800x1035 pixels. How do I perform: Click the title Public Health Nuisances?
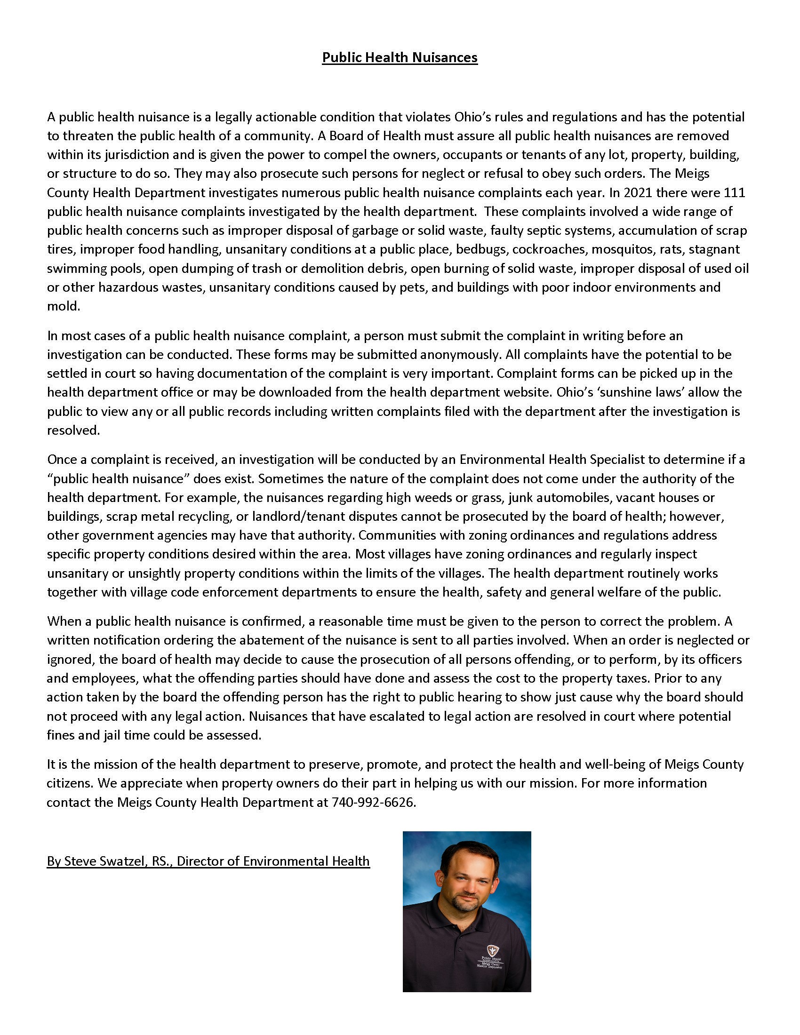[x=400, y=57]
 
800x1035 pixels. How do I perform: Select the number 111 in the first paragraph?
[x=735, y=192]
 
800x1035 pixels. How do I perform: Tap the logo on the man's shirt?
[x=493, y=948]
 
